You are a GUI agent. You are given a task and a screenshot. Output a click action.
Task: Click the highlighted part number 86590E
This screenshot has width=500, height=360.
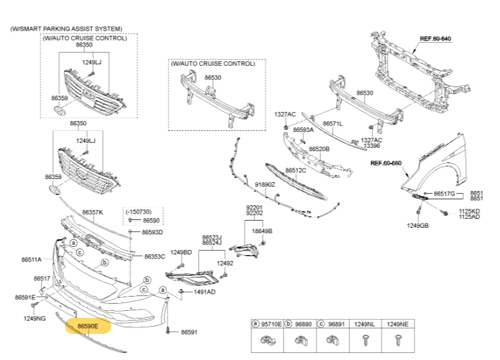tap(89, 326)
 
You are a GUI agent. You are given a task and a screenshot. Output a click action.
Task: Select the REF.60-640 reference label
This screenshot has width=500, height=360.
tap(435, 39)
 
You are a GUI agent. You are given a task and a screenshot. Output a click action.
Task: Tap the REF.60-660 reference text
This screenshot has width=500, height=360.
tap(386, 163)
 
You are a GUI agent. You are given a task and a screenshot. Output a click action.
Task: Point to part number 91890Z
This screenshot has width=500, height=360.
tap(265, 184)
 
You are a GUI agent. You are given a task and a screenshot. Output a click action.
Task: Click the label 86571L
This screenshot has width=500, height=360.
tap(333, 123)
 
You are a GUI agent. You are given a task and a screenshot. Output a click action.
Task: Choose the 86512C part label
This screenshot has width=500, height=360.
tap(295, 170)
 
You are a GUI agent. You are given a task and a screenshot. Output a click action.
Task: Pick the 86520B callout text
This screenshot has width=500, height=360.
tap(319, 149)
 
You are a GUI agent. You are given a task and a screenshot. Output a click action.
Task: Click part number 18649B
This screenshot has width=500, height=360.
tap(262, 231)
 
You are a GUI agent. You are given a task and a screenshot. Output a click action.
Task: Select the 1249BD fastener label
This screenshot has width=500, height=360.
tap(181, 253)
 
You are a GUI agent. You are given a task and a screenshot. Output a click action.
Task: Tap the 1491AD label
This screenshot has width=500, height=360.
tap(205, 292)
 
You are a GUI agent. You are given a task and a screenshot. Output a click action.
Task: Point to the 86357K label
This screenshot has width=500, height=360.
tap(93, 212)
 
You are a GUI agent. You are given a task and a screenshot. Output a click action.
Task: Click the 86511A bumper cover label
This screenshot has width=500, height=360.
tap(31, 259)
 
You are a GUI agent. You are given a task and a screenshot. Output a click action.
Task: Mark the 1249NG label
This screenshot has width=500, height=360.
tap(34, 319)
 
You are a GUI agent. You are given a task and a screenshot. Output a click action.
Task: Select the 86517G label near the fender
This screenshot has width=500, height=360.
tap(444, 193)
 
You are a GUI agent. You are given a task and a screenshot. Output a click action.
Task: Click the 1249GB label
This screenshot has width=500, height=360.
tap(418, 225)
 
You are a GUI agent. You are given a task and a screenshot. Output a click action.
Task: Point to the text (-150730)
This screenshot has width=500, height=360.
tap(138, 211)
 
